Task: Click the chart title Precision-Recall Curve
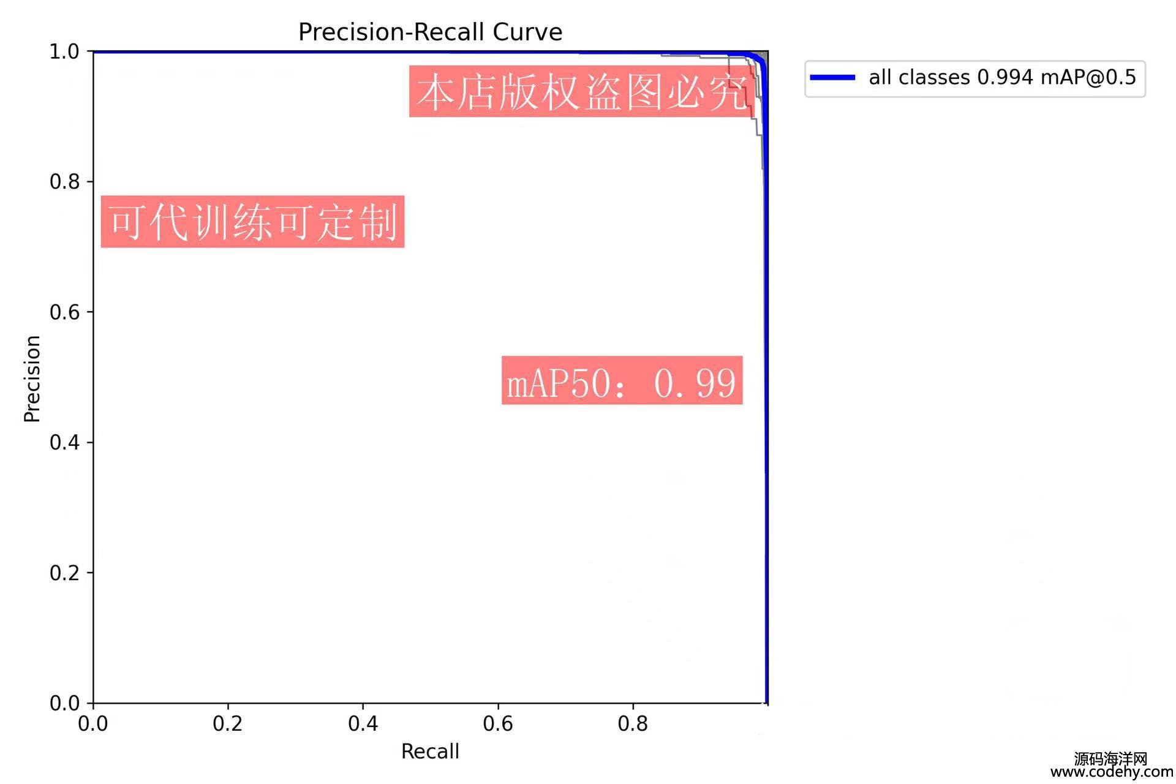pos(430,32)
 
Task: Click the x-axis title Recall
pos(430,752)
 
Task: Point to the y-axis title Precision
pos(32,379)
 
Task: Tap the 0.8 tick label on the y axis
pos(64,182)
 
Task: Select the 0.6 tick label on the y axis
pos(64,312)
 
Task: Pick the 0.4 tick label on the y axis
pos(64,443)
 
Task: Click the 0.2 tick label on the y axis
pos(64,573)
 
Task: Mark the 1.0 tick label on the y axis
pos(64,52)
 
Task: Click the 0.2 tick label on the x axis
pos(228,724)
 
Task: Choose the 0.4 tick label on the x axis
pos(363,724)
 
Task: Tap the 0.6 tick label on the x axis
pos(498,724)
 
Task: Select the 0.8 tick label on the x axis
pos(633,724)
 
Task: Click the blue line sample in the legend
pos(832,78)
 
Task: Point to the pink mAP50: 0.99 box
pos(622,380)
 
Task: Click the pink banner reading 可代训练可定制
pos(252,222)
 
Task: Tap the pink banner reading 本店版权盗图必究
pos(581,92)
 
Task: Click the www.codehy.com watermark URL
pos(1112,772)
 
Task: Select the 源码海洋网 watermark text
pos(1110,759)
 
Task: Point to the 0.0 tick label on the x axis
pos(93,724)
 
